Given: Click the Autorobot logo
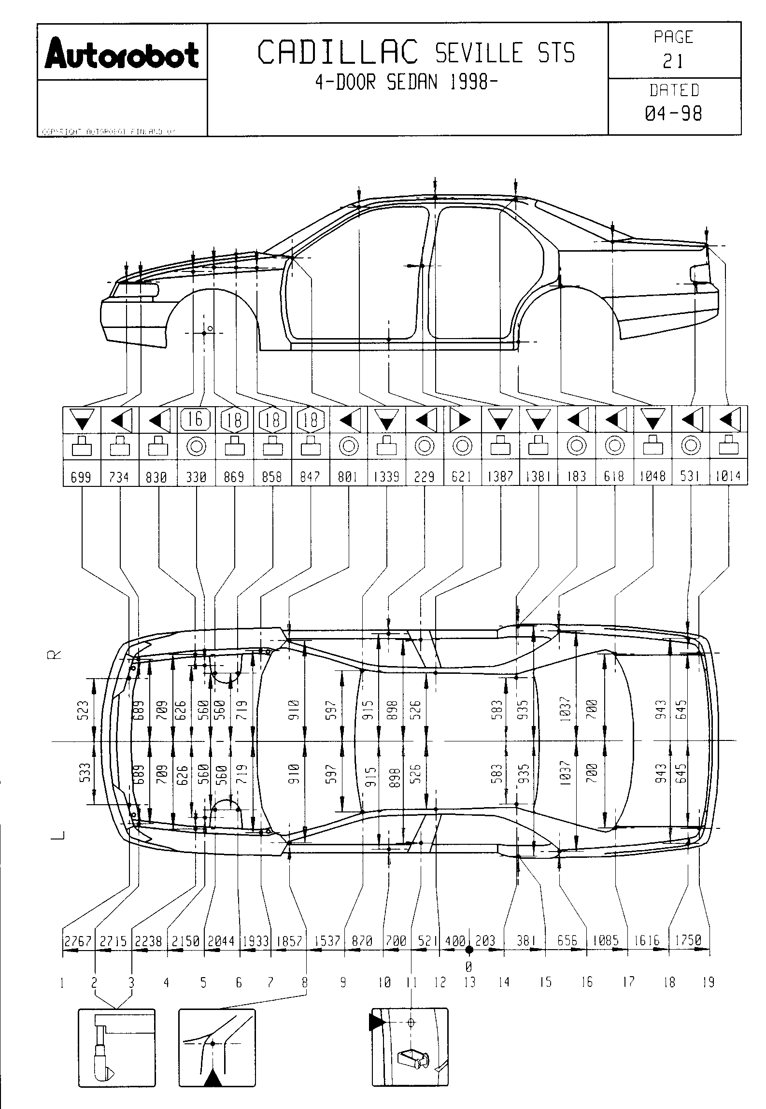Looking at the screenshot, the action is [x=122, y=55].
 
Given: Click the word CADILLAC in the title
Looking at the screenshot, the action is [x=338, y=53].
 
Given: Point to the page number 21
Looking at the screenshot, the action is [x=674, y=61].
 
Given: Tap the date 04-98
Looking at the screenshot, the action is [x=674, y=114].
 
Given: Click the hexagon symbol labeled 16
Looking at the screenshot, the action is [x=196, y=419].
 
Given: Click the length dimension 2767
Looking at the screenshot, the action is [x=78, y=941].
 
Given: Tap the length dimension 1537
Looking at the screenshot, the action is [x=327, y=941].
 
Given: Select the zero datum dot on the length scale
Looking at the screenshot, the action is [x=468, y=950].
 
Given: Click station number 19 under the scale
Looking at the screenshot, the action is [x=708, y=982].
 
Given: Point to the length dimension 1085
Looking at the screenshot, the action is [x=606, y=941].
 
